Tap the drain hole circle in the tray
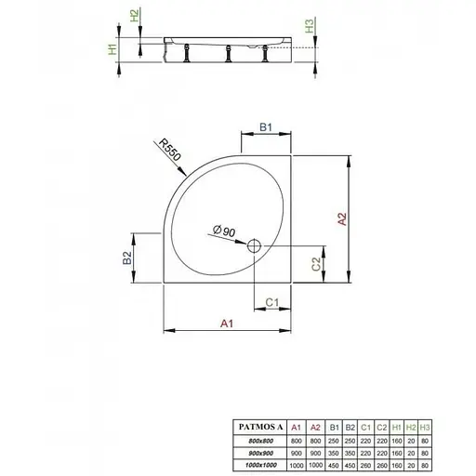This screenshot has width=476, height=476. (x=253, y=246)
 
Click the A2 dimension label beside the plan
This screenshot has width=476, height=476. (x=343, y=219)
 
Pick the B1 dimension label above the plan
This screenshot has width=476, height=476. (x=265, y=127)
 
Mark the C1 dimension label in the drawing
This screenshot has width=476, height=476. (x=272, y=302)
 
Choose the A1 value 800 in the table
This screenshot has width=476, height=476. (x=296, y=437)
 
